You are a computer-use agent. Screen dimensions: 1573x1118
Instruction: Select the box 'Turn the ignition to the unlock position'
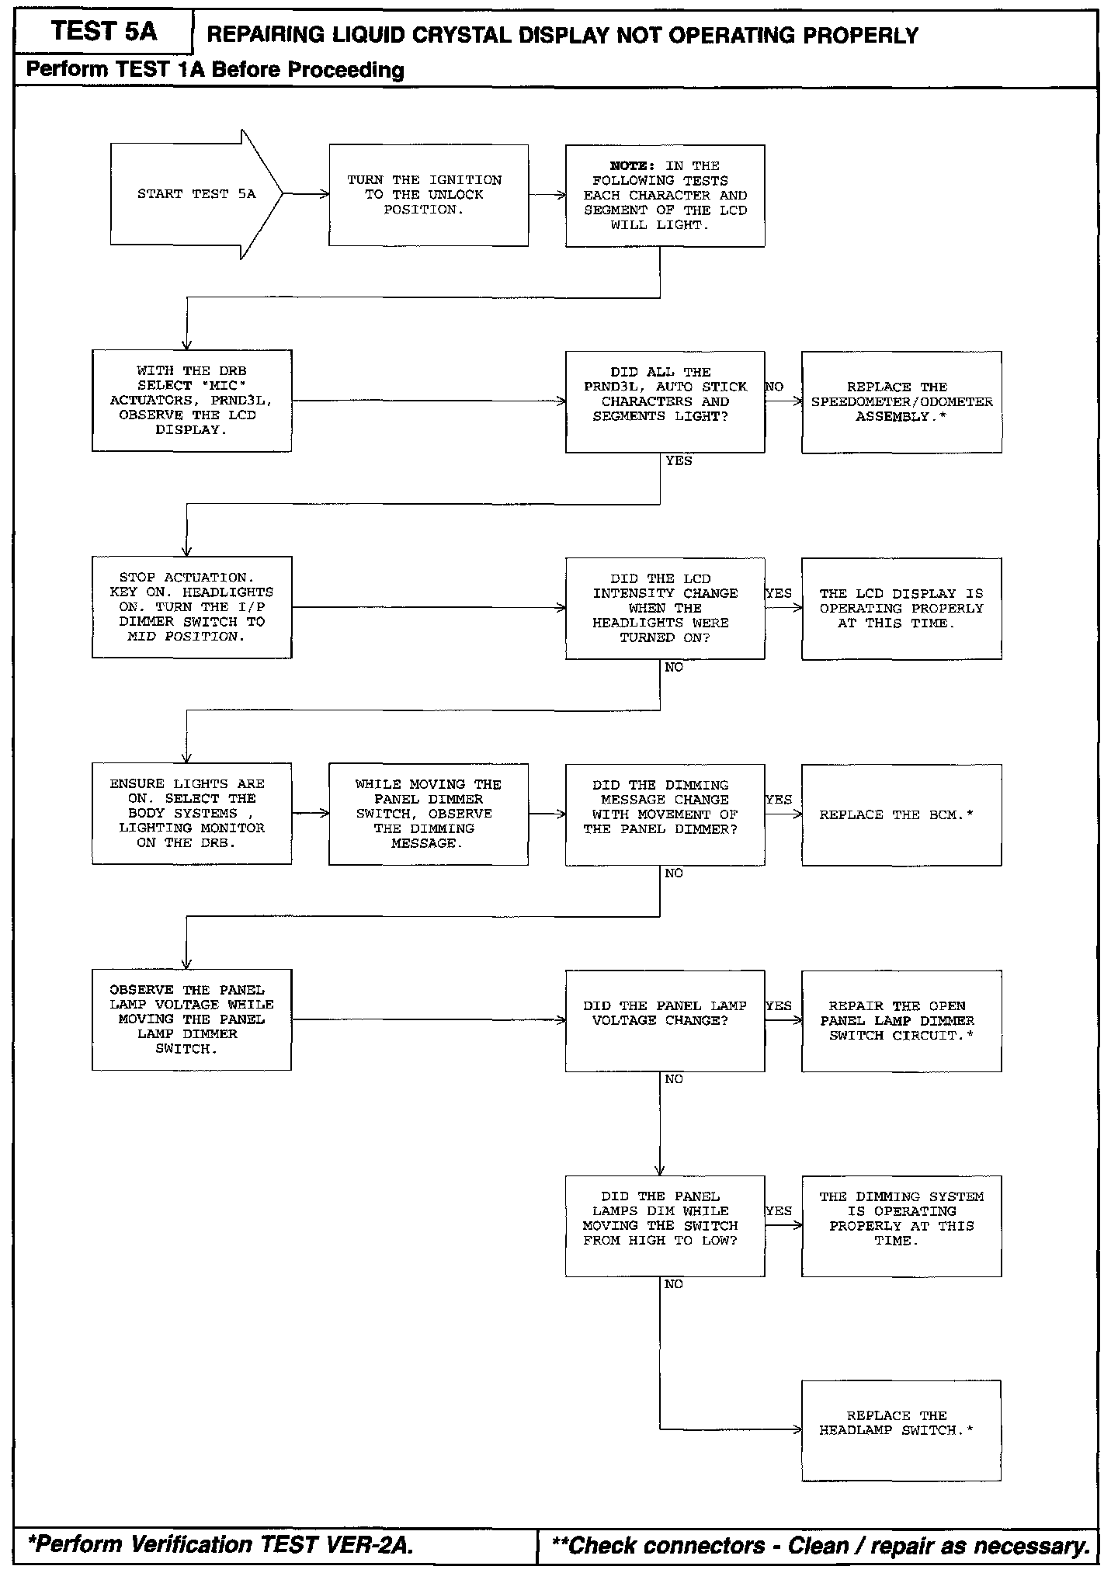pyautogui.click(x=429, y=195)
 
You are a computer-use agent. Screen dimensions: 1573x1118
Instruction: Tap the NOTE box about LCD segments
pyautogui.click(x=665, y=196)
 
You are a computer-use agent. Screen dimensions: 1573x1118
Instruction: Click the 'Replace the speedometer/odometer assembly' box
pyautogui.click(x=901, y=401)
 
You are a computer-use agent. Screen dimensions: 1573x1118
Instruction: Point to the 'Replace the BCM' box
pyautogui.click(x=901, y=814)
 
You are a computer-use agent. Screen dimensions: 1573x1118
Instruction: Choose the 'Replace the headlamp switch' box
pyautogui.click(x=901, y=1430)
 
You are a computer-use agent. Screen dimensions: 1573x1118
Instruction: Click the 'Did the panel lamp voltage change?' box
pyautogui.click(x=665, y=1020)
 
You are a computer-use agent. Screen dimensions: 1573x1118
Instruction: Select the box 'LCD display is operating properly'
pyautogui.click(x=901, y=608)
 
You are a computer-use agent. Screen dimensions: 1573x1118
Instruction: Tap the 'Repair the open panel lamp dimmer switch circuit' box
pyautogui.click(x=901, y=1020)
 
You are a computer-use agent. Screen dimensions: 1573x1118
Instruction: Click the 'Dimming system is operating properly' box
pyautogui.click(x=901, y=1226)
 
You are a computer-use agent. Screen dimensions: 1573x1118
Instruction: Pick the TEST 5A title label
pyautogui.click(x=104, y=32)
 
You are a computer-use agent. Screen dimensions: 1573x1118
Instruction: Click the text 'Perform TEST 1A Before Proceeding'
pyautogui.click(x=215, y=70)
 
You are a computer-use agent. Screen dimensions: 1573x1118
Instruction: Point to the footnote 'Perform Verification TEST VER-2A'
pyautogui.click(x=220, y=1545)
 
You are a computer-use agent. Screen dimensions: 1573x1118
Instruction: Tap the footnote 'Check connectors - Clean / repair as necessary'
pyautogui.click(x=820, y=1545)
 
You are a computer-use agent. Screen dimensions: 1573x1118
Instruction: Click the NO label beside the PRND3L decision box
pyautogui.click(x=774, y=387)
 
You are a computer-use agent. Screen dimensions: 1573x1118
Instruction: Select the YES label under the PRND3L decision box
pyautogui.click(x=679, y=461)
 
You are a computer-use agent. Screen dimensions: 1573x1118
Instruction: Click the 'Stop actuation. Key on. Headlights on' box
pyautogui.click(x=192, y=607)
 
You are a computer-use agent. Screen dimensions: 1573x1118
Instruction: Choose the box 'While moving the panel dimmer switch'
pyautogui.click(x=429, y=814)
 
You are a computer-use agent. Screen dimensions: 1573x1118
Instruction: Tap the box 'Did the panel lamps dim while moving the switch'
pyautogui.click(x=665, y=1226)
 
